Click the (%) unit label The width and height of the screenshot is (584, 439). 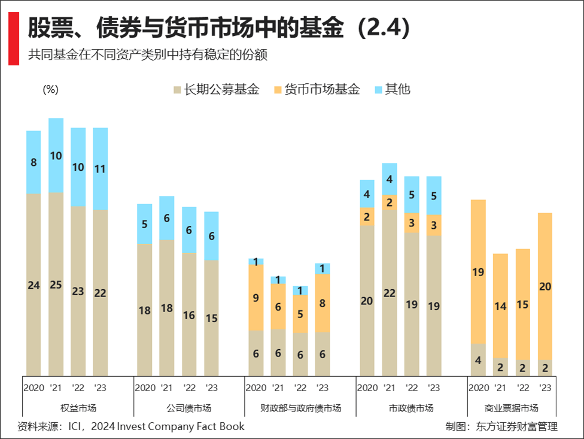(50, 89)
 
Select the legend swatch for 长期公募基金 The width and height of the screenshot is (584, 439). (177, 90)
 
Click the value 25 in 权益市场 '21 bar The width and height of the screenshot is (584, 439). (56, 285)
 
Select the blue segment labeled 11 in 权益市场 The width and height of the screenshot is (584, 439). (100, 169)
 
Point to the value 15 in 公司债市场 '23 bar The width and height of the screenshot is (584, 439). (211, 319)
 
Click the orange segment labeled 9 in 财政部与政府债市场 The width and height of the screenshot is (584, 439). (255, 297)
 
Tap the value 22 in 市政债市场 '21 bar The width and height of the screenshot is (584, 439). (389, 293)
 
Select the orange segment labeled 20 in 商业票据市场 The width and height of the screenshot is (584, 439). (545, 286)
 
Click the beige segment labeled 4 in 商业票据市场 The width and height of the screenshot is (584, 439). (477, 360)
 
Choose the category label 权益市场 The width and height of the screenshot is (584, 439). (78, 408)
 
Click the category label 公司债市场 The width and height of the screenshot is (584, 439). (188, 408)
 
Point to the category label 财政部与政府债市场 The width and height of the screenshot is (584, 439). (300, 408)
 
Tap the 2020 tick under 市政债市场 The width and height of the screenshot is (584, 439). (367, 387)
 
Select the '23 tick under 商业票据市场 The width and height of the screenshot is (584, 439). (545, 387)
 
